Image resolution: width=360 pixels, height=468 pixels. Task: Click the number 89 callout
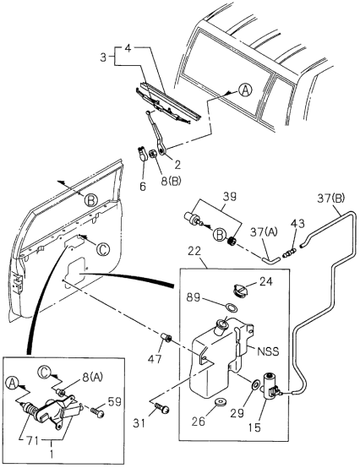[x=194, y=297]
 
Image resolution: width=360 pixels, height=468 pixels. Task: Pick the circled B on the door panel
[x=90, y=200]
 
